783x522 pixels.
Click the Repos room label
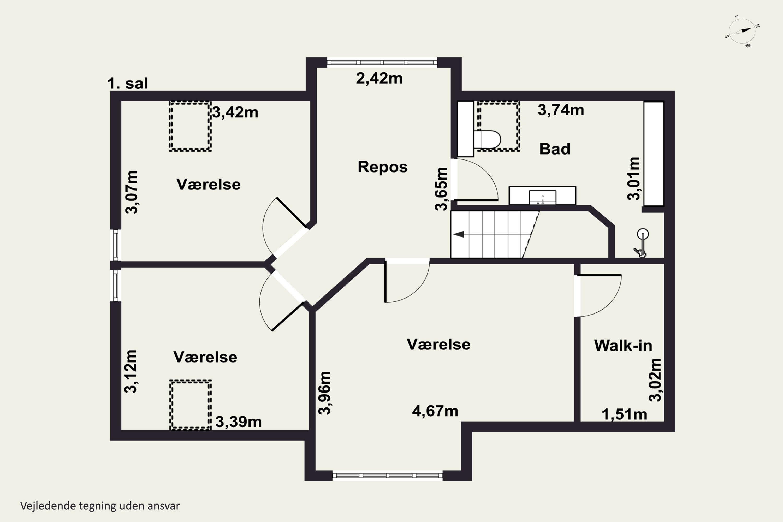(x=383, y=167)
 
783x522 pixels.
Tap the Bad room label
(x=555, y=149)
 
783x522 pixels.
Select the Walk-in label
(x=623, y=346)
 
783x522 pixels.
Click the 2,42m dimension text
(x=379, y=79)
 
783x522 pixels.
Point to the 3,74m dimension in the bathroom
(x=561, y=110)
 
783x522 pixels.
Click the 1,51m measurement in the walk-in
(x=625, y=415)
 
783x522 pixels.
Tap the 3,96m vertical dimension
(x=325, y=393)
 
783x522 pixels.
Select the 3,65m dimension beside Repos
(x=441, y=189)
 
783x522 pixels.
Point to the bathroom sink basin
(x=543, y=197)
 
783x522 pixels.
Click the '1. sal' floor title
(x=128, y=83)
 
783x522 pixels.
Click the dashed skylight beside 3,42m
(x=190, y=127)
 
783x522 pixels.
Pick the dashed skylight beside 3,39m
(x=191, y=405)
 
